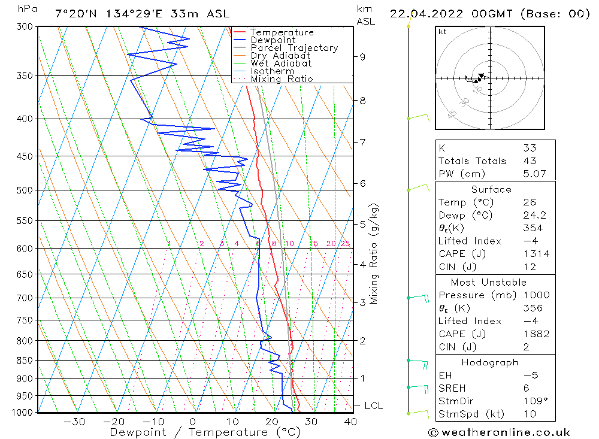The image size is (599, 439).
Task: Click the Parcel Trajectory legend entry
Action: pyautogui.click(x=294, y=48)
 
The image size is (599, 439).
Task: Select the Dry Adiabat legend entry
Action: pyautogui.click(x=280, y=56)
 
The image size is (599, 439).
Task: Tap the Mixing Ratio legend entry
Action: pyautogui.click(x=282, y=79)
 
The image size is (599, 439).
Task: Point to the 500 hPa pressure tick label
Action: pyautogui.click(x=26, y=190)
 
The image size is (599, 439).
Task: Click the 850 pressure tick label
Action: pyautogui.click(x=26, y=361)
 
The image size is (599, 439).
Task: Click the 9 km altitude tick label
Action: pyautogui.click(x=362, y=57)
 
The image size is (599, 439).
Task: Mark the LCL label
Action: pyautogui.click(x=373, y=406)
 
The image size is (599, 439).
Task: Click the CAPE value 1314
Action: pyautogui.click(x=536, y=254)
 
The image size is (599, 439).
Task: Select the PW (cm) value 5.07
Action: pyautogui.click(x=534, y=174)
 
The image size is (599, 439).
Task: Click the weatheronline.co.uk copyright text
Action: pyautogui.click(x=499, y=432)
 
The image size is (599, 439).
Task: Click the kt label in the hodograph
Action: pyautogui.click(x=442, y=32)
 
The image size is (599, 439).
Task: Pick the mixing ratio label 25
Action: pyautogui.click(x=345, y=243)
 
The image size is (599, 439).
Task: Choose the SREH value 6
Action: pyautogui.click(x=525, y=389)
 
